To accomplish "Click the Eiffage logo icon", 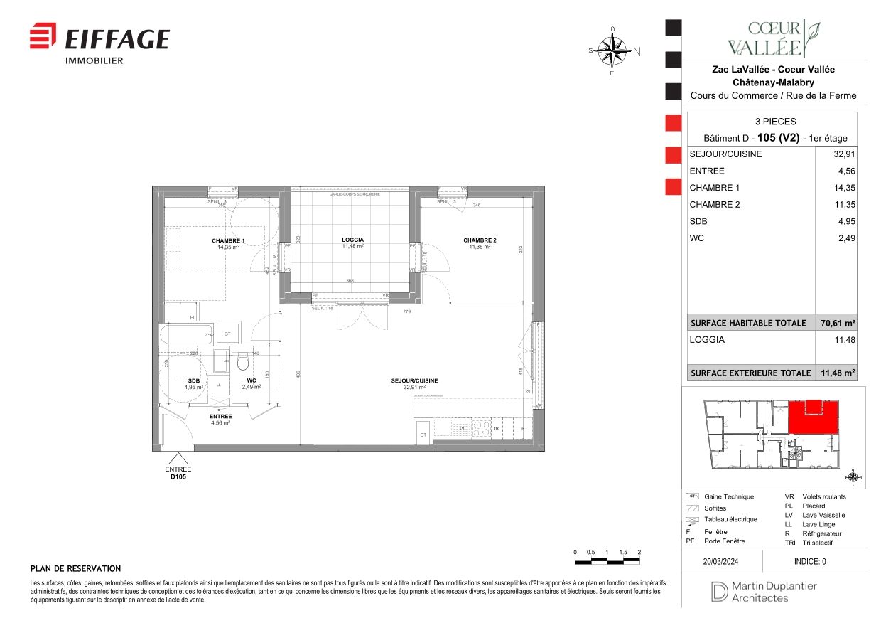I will point(43,36).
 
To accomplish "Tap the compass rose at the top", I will point(612,50).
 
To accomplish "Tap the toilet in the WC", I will point(242,362).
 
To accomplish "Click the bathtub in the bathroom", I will point(187,334).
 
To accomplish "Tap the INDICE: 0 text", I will point(810,561).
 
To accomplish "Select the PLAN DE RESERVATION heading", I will point(75,569).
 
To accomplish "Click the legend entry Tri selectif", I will point(817,543).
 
